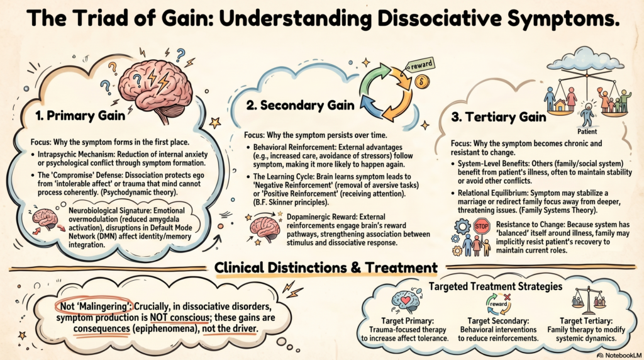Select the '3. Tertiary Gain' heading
click(496, 117)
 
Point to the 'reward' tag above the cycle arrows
click(419, 65)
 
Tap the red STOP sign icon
click(481, 226)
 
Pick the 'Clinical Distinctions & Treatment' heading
click(326, 267)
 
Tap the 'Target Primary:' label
click(404, 320)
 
